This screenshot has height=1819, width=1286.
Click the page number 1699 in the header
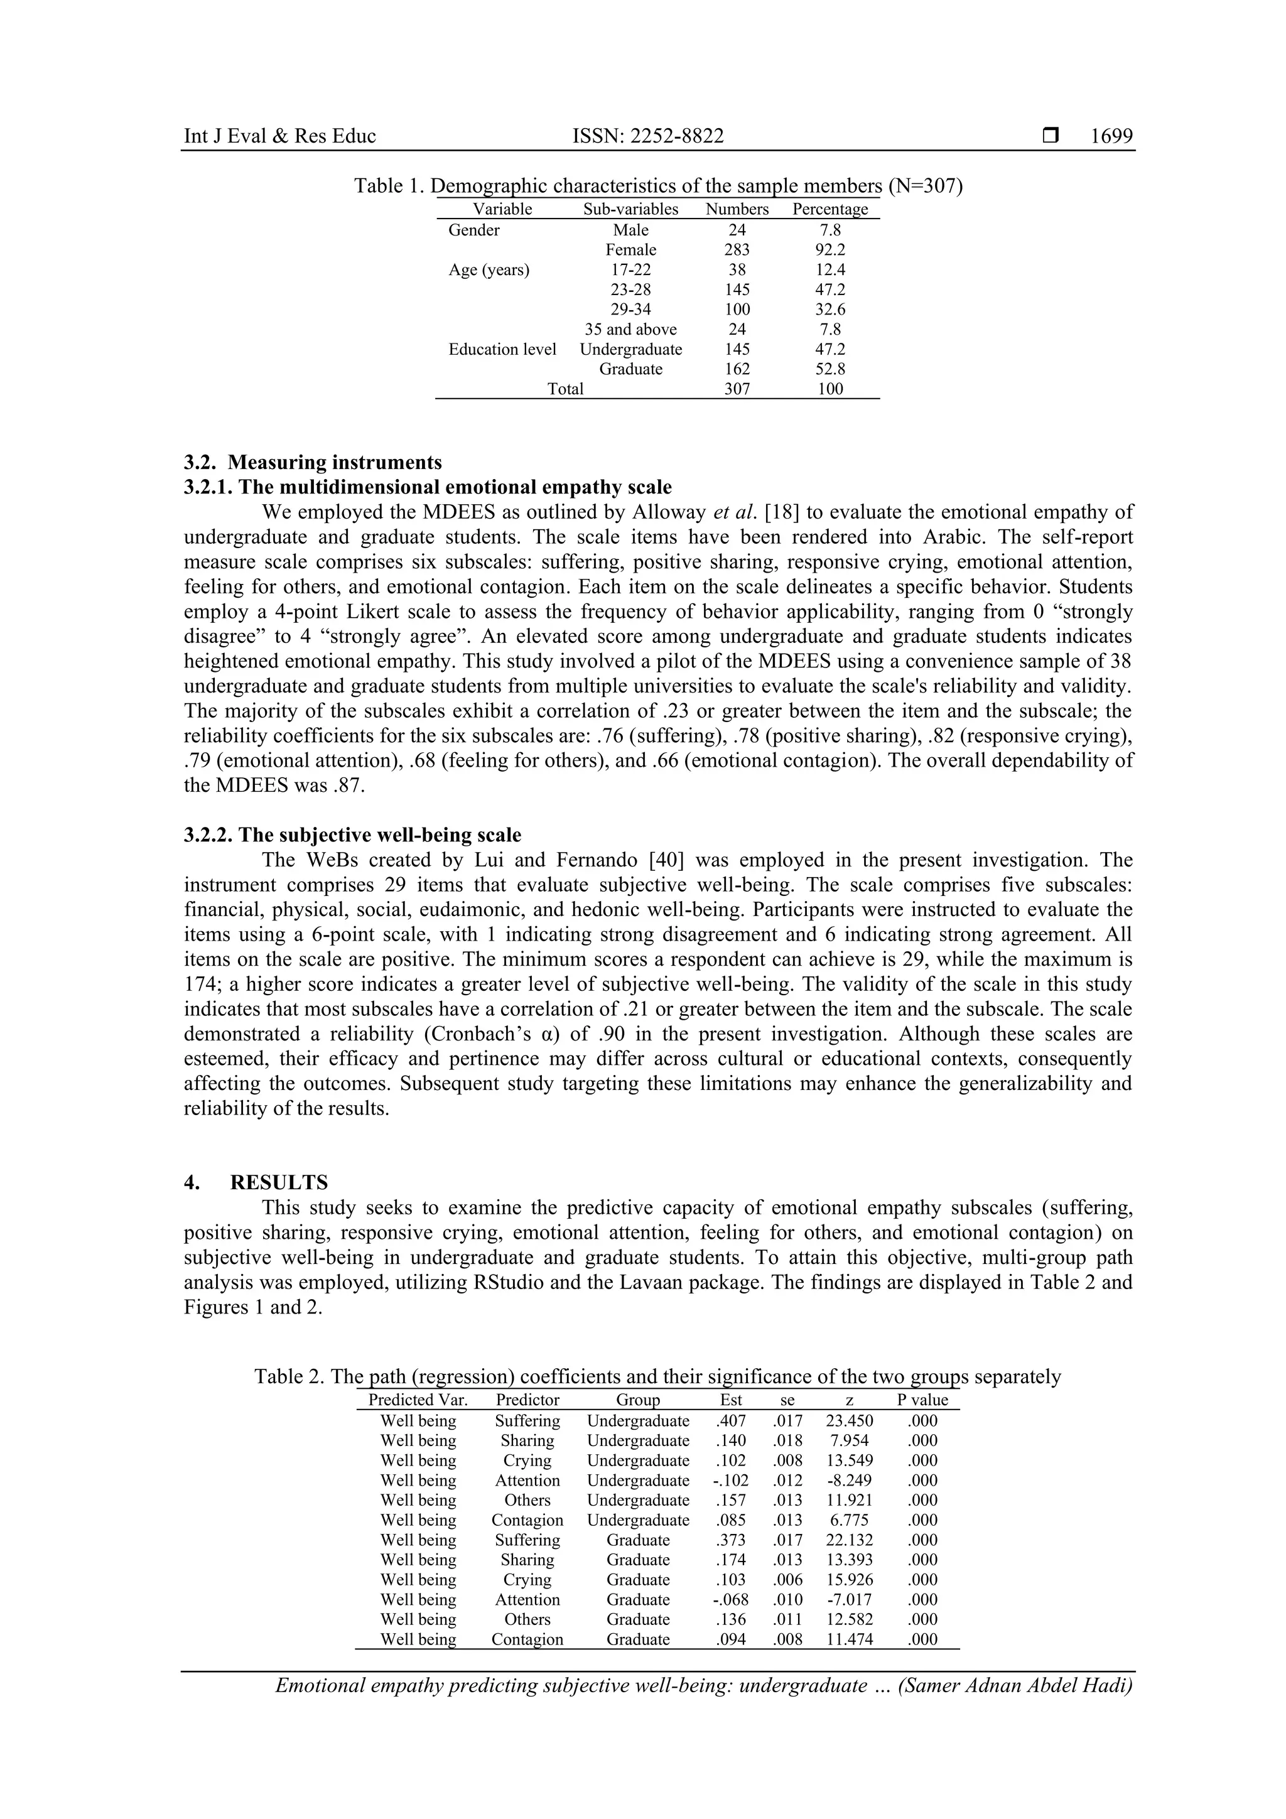click(1111, 136)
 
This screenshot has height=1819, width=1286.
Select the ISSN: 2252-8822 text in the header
click(647, 136)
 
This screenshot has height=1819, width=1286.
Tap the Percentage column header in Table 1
click(829, 209)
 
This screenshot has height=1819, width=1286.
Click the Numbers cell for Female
click(737, 249)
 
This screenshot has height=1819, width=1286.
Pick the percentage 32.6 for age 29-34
click(829, 309)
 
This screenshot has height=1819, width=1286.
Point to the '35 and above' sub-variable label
click(630, 329)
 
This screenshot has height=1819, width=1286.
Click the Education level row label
click(502, 348)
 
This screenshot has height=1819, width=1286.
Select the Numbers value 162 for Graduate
click(737, 369)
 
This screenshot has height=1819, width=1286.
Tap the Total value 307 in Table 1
click(737, 388)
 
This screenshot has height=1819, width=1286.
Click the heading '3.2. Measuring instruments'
click(313, 462)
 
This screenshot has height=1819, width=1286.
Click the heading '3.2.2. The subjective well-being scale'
click(353, 835)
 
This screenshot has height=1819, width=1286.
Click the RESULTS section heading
click(278, 1183)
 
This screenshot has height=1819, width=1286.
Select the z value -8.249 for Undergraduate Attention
click(850, 1480)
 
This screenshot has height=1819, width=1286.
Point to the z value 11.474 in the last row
click(850, 1639)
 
